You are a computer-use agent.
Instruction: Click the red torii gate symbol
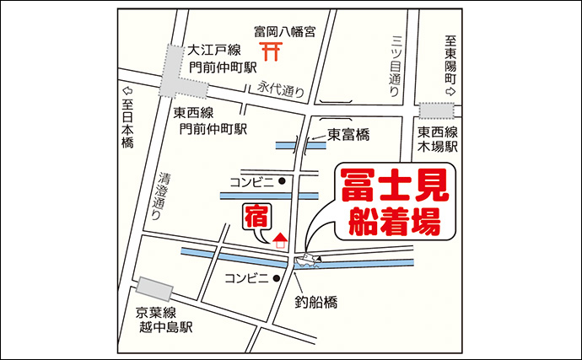coord(271,51)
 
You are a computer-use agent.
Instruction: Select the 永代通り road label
coord(280,87)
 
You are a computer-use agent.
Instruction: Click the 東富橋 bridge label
coord(349,134)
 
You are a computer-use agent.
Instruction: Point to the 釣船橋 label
coord(316,299)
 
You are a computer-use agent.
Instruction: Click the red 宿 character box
coord(255,217)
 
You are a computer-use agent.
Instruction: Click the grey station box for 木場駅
coord(437,110)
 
